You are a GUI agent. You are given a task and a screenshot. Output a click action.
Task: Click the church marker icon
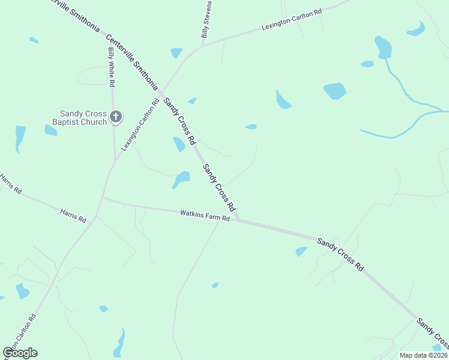tap(116, 117)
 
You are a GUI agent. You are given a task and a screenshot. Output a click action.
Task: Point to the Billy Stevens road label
tap(206, 20)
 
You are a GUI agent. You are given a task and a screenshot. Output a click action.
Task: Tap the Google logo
tap(20, 352)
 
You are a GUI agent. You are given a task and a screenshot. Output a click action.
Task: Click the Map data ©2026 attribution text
tap(423, 355)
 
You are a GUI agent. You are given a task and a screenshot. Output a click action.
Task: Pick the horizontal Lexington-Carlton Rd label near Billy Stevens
tap(292, 19)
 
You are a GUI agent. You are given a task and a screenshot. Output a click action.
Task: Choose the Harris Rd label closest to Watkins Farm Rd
tap(73, 215)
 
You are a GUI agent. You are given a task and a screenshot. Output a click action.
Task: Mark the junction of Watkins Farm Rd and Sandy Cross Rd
tap(238, 220)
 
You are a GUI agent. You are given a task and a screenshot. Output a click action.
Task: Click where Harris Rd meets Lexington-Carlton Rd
tap(103, 197)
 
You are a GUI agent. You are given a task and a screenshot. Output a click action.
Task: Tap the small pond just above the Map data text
tap(437, 347)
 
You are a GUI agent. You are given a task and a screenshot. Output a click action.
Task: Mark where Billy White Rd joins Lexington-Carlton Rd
tap(115, 161)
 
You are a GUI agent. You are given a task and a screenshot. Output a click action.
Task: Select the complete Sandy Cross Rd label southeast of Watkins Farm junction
tap(340, 253)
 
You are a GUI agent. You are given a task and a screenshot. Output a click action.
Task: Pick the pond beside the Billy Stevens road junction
tap(176, 53)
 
